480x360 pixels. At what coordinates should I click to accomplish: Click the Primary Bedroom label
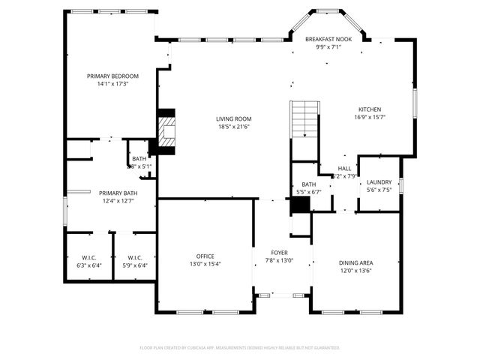(112, 76)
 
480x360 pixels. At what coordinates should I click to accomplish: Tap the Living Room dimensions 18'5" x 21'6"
(233, 127)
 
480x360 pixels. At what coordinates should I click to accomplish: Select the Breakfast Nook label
(328, 39)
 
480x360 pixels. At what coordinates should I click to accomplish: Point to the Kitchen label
(370, 108)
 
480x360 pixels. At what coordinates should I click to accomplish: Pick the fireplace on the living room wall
(167, 132)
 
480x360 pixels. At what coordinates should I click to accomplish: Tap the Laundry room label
(379, 182)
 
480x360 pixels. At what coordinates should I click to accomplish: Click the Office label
(205, 256)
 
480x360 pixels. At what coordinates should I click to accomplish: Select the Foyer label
(280, 253)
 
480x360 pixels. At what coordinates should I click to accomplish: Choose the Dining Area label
(356, 262)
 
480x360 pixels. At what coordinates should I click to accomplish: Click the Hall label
(344, 169)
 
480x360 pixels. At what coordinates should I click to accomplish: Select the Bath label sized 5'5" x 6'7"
(309, 184)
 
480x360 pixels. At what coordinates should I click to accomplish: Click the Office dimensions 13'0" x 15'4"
(205, 264)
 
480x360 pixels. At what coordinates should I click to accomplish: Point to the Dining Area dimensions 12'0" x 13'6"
(356, 271)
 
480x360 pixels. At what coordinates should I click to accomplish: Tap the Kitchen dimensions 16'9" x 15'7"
(370, 116)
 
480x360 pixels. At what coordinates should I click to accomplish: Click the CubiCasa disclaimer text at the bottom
(240, 348)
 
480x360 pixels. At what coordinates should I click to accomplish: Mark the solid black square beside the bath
(300, 205)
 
